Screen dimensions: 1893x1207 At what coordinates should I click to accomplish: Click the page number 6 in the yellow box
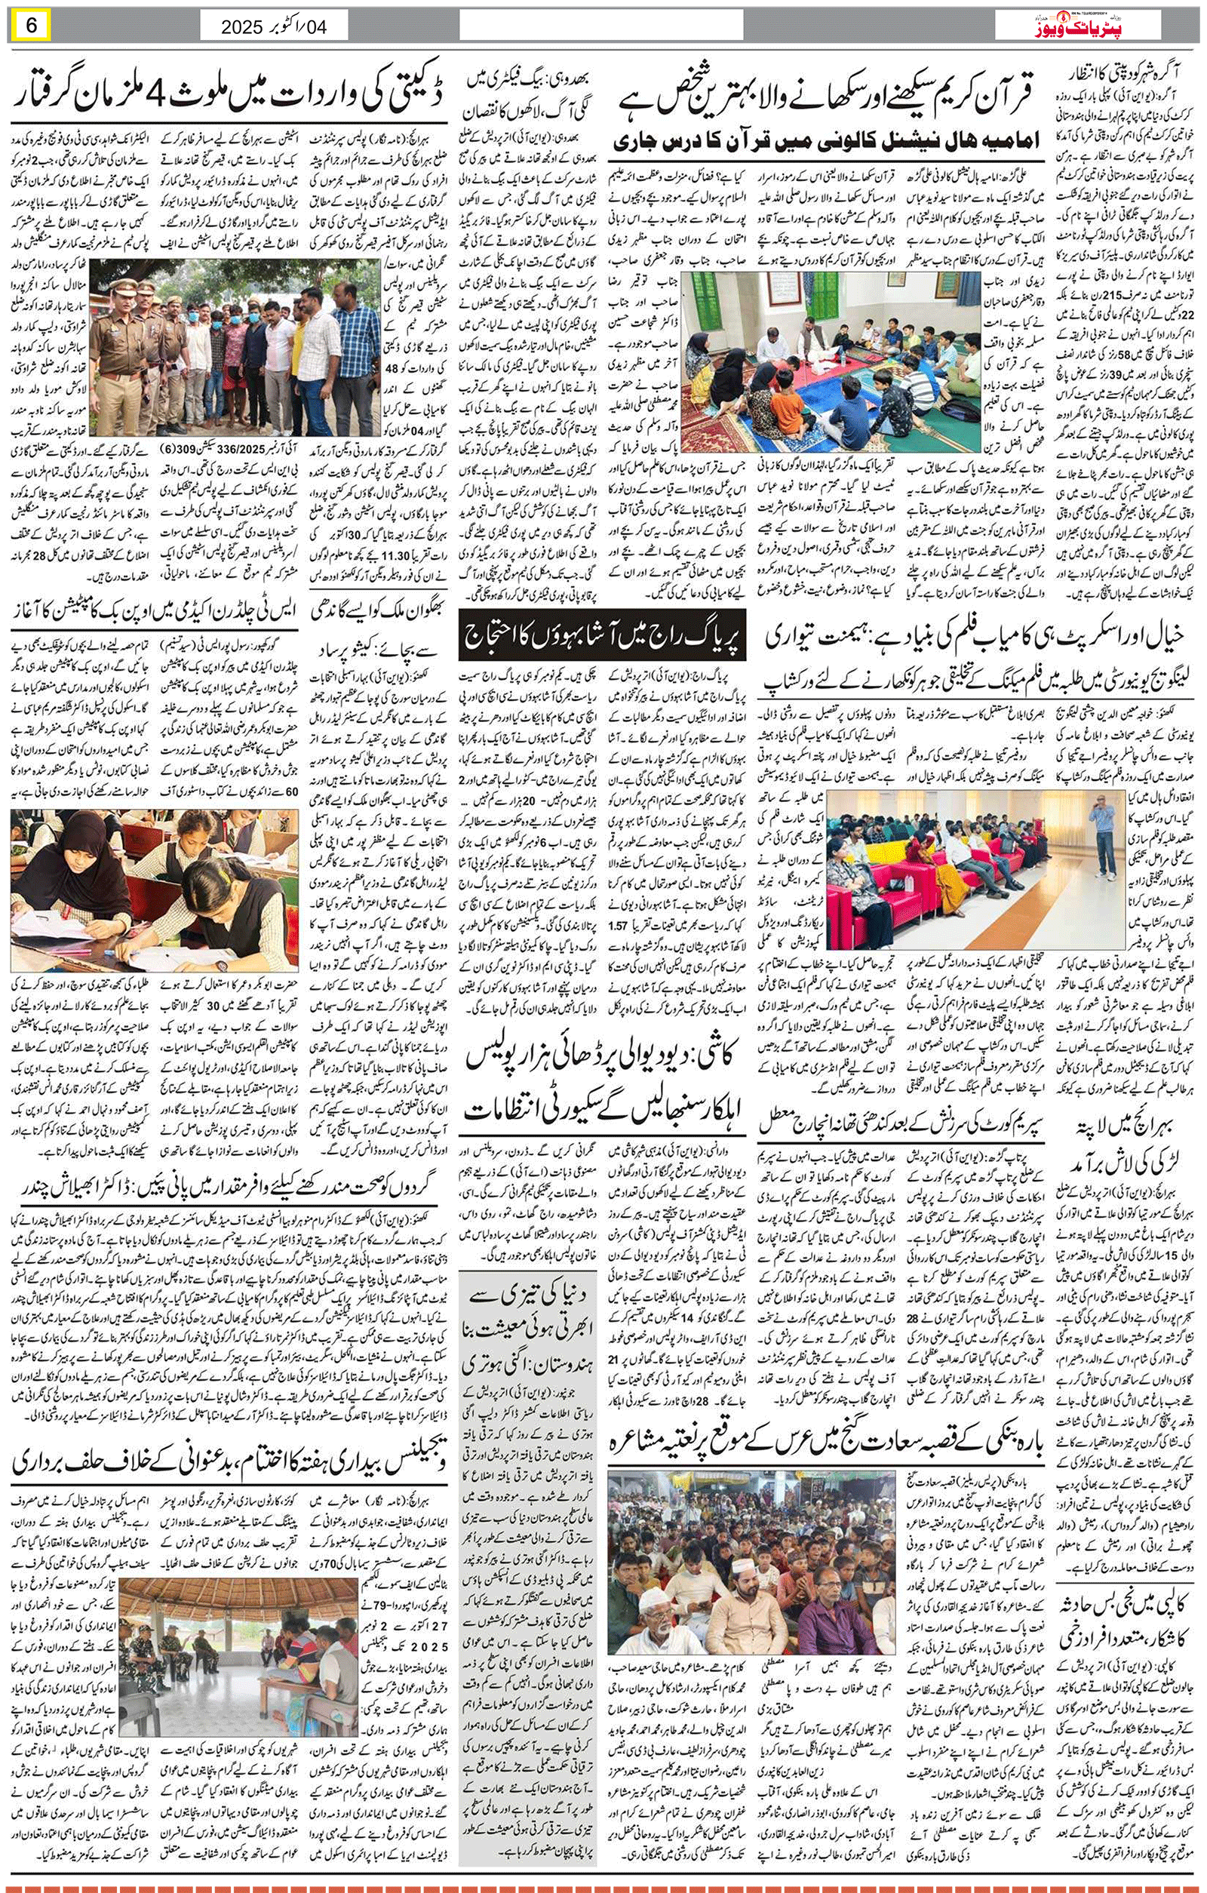[32, 25]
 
